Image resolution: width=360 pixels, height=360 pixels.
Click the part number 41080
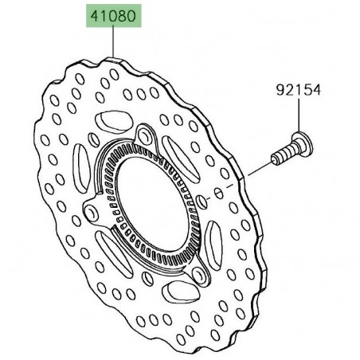[x=112, y=15]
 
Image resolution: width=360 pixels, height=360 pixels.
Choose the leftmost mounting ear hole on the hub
[x=95, y=212]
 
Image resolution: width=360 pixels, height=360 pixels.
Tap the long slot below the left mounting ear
[x=112, y=255]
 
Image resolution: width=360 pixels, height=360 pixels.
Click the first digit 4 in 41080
[x=92, y=15]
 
